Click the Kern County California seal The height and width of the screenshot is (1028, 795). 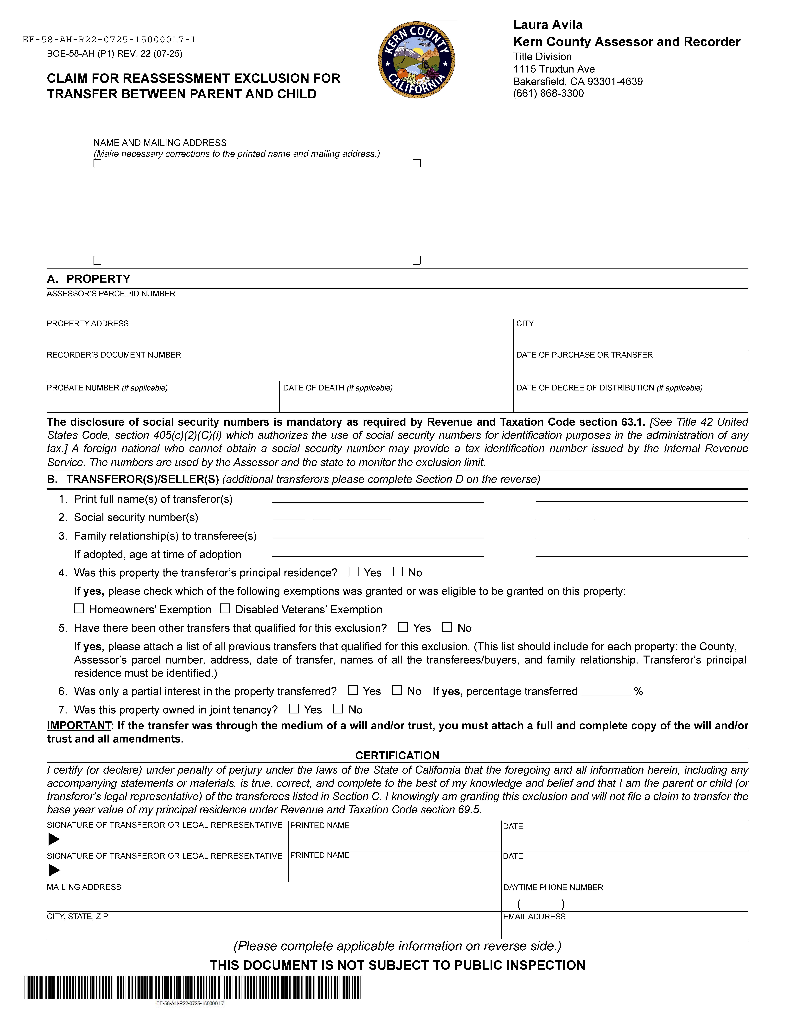(416, 60)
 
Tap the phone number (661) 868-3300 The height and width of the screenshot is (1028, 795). (548, 93)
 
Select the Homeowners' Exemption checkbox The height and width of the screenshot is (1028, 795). (79, 609)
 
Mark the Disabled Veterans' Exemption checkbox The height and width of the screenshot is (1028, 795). (225, 609)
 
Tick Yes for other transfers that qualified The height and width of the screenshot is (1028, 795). (403, 627)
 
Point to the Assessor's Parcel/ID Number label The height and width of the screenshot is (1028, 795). (111, 294)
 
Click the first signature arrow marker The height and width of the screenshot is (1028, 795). (54, 839)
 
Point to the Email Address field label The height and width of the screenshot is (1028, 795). (534, 916)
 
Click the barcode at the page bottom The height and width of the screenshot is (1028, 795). (192, 988)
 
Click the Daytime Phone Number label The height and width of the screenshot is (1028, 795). (553, 887)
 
